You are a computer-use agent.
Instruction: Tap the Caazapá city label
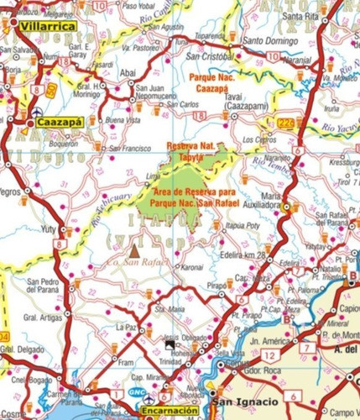pos(58,122)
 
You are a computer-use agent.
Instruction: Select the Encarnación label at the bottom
pos(170,411)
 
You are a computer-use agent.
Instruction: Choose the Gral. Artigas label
pos(43,318)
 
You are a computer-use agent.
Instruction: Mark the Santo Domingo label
pos(269,39)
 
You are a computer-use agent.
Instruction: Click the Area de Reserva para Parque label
pos(194,192)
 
